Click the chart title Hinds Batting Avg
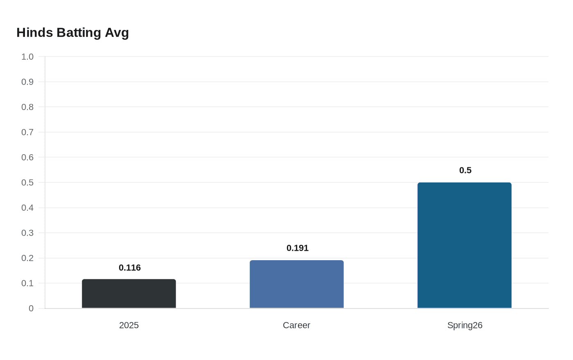point(72,32)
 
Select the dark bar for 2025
point(129,294)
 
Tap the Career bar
point(297,284)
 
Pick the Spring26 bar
point(465,245)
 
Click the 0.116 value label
point(130,268)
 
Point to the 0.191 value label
point(298,248)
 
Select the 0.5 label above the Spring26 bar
point(465,170)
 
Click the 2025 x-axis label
point(129,325)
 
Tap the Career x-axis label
point(297,325)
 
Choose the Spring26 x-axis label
point(465,325)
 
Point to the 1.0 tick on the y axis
point(27,57)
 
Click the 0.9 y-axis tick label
point(27,82)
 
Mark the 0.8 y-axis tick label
point(27,107)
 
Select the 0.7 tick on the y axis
point(27,132)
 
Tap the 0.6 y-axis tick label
point(27,157)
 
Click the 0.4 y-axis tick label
point(27,208)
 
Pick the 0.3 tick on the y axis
point(27,233)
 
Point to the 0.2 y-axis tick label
point(27,258)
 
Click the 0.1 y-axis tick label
point(27,283)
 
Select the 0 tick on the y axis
point(31,308)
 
